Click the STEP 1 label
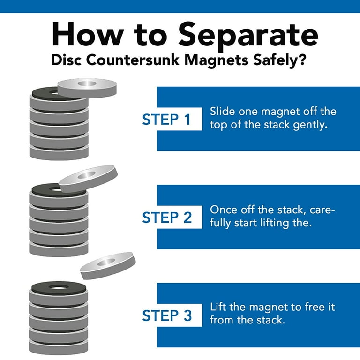pos(166,120)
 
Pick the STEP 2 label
pos(166,217)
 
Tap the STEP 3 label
pos(166,315)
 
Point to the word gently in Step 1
pos(307,125)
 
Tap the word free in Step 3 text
pos(312,307)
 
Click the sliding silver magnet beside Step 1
pos(86,88)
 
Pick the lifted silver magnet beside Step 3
pos(107,265)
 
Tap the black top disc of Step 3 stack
pos(58,287)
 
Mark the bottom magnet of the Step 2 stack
pos(59,249)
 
